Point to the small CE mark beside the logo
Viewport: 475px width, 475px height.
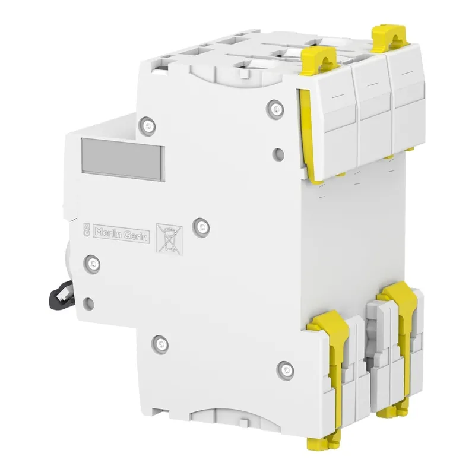pyautogui.click(x=85, y=229)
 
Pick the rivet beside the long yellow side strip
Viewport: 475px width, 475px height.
pyautogui.click(x=273, y=107)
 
